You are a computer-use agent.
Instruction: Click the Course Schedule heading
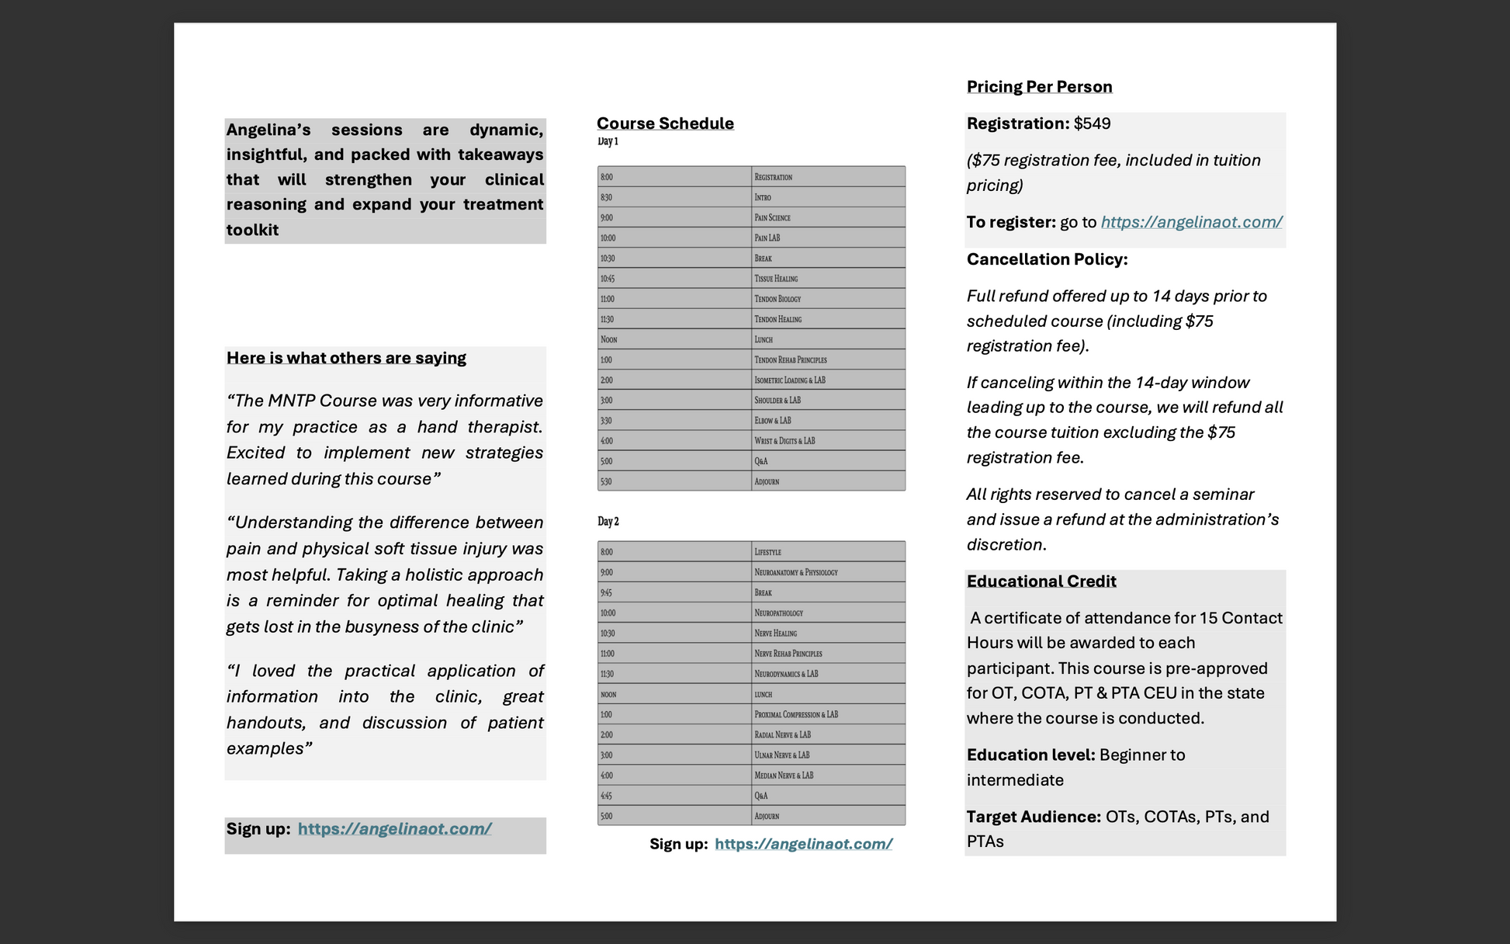click(x=665, y=123)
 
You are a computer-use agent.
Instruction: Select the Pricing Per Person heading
click(x=1039, y=87)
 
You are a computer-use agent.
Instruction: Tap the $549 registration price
click(x=1092, y=124)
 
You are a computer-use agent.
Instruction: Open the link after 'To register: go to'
click(x=1191, y=223)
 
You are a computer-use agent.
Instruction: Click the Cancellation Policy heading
click(x=1047, y=259)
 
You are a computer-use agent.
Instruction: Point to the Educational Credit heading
click(x=1041, y=581)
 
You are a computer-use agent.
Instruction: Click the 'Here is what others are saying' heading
click(x=346, y=358)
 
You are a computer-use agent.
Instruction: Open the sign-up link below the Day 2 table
click(x=803, y=845)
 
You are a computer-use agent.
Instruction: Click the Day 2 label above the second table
click(x=608, y=522)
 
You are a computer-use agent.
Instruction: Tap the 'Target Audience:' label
click(x=1034, y=817)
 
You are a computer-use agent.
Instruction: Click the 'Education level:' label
click(x=1030, y=755)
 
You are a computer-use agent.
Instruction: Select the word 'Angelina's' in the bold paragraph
click(x=268, y=130)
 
